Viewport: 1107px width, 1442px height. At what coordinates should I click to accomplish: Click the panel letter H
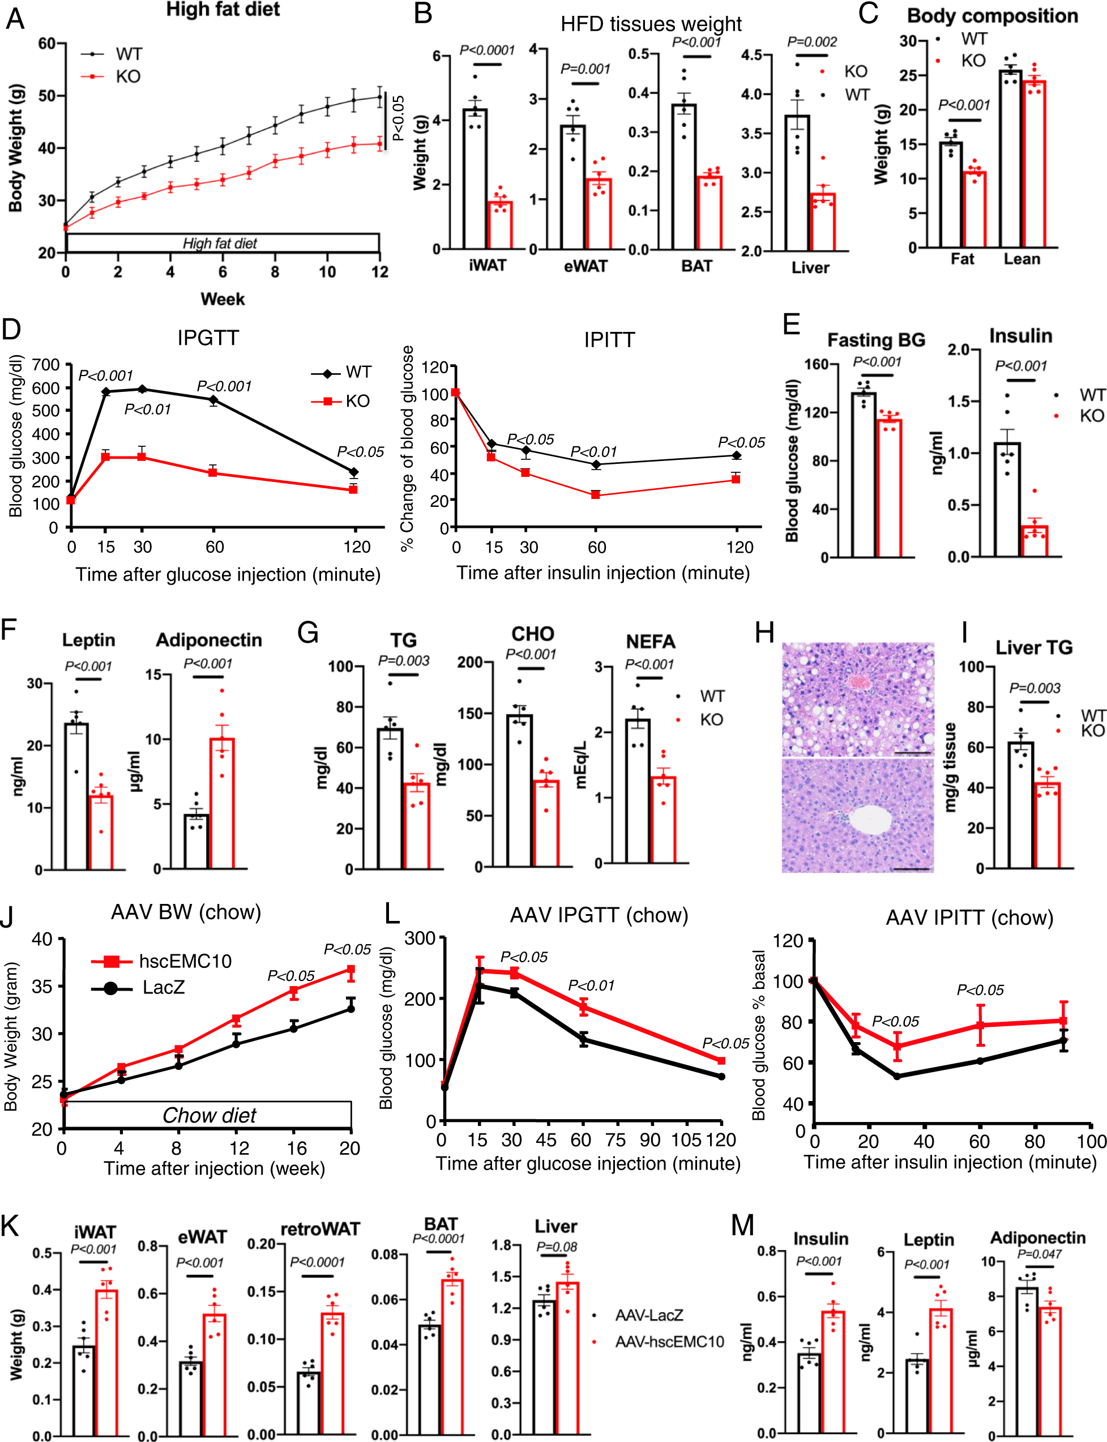[x=764, y=633]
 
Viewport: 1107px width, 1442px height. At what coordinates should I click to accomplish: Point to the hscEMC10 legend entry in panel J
[x=185, y=961]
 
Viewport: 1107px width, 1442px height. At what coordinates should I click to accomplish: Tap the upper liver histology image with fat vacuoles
[x=857, y=699]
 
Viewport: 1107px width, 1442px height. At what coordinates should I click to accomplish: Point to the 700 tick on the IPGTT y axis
[x=45, y=364]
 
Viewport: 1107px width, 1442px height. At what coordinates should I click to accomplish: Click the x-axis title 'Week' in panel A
[x=222, y=299]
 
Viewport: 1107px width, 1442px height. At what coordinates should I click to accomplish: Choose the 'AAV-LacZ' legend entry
[x=648, y=1315]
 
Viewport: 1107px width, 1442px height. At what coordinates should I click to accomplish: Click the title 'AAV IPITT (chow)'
[x=969, y=918]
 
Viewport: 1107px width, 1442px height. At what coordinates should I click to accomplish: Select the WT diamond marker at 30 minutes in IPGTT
[x=142, y=390]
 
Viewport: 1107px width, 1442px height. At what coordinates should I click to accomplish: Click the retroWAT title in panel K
[x=320, y=1229]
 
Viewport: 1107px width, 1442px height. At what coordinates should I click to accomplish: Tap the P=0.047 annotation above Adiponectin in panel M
[x=1039, y=1253]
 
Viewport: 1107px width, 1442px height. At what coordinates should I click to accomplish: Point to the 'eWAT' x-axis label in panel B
[x=585, y=266]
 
